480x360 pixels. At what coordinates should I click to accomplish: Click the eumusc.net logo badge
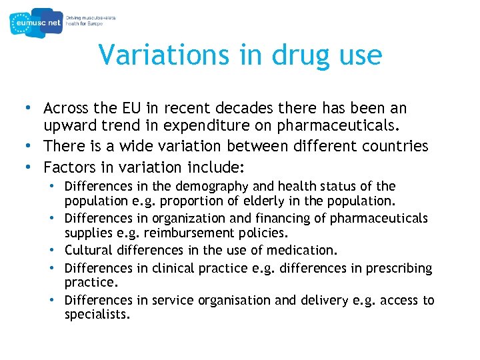coord(37,23)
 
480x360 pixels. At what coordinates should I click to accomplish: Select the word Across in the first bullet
coord(66,108)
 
